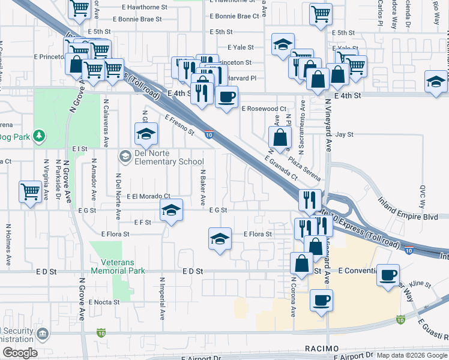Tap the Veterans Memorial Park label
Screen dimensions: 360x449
click(118, 266)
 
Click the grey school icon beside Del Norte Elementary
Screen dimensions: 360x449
click(125, 157)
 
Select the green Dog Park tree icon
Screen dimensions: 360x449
click(39, 136)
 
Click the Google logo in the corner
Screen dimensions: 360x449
click(20, 353)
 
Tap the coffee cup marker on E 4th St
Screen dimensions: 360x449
click(226, 97)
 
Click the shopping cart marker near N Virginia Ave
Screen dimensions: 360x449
click(30, 193)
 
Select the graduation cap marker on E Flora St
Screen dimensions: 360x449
click(220, 239)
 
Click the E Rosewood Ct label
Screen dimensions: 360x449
click(264, 109)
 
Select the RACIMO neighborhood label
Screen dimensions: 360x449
click(321, 349)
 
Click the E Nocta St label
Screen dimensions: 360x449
click(104, 302)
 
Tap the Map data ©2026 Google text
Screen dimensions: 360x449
click(411, 355)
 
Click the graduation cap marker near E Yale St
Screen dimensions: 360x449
click(283, 45)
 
